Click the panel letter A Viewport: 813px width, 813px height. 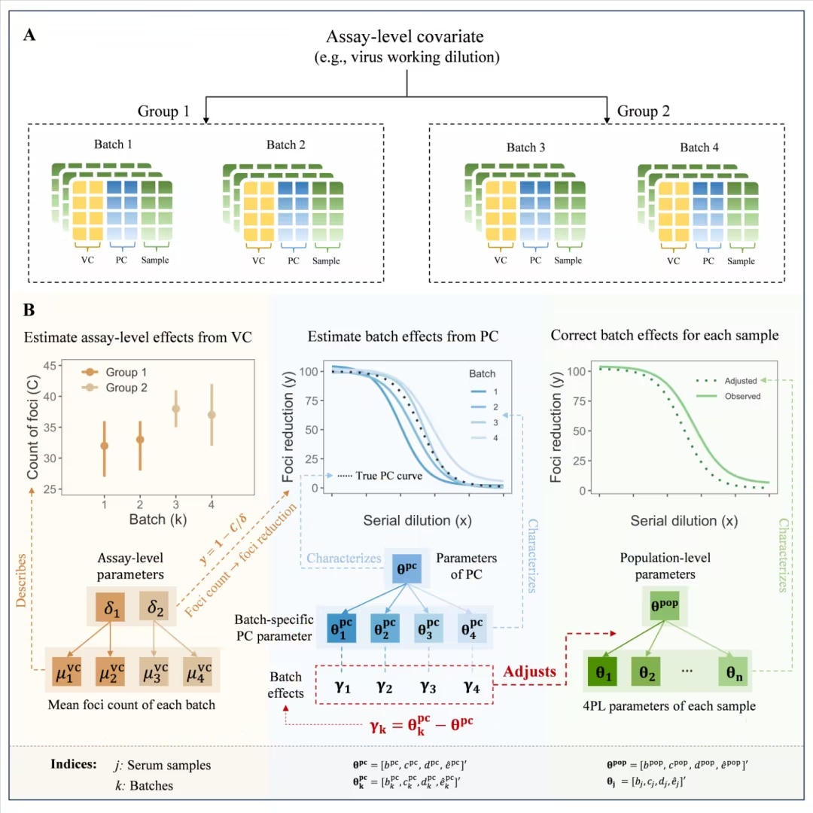pyautogui.click(x=29, y=35)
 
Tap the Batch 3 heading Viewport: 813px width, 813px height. pyautogui.click(x=525, y=148)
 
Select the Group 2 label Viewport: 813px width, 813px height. pyautogui.click(x=643, y=111)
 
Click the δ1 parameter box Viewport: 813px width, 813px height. pyautogui.click(x=111, y=607)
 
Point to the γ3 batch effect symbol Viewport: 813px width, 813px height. pyautogui.click(x=428, y=687)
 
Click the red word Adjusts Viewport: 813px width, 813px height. pyautogui.click(x=529, y=671)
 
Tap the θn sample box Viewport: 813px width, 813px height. pyautogui.click(x=734, y=672)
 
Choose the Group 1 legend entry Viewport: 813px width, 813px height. pyautogui.click(x=114, y=372)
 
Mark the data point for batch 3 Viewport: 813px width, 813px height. pyautogui.click(x=175, y=409)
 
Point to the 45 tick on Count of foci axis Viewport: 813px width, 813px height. pyautogui.click(x=49, y=366)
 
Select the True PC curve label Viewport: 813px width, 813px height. pyautogui.click(x=380, y=476)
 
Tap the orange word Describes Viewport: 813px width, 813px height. pyautogui.click(x=21, y=580)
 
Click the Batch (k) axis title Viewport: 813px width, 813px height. pyautogui.click(x=157, y=519)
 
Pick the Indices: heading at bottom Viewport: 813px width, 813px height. pyautogui.click(x=74, y=764)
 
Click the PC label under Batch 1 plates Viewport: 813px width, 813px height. pyautogui.click(x=121, y=260)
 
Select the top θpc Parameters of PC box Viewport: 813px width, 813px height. pyautogui.click(x=406, y=568)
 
